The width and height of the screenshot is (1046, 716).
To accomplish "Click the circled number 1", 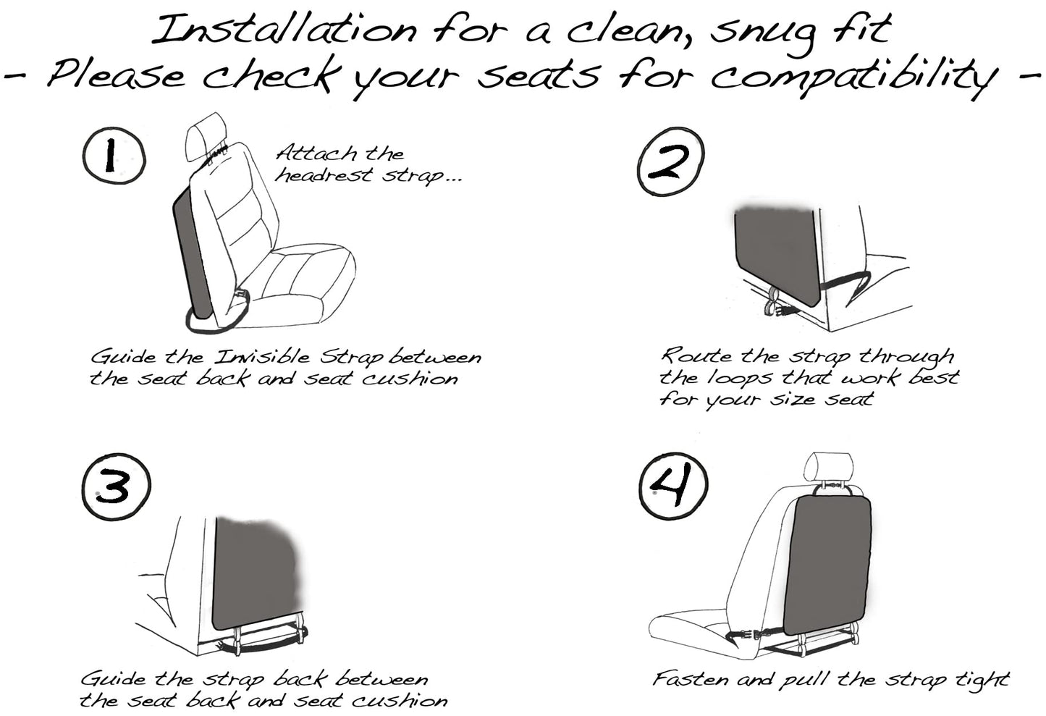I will (x=114, y=157).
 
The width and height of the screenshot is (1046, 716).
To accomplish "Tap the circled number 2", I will (x=670, y=164).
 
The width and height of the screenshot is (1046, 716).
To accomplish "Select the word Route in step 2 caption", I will (x=696, y=356).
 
